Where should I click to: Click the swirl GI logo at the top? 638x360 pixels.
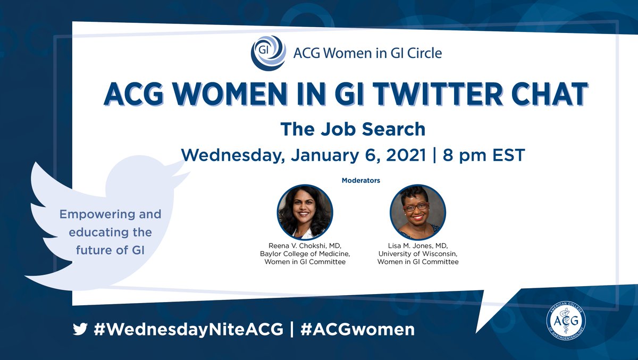tap(268, 53)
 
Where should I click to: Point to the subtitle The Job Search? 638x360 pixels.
tap(352, 129)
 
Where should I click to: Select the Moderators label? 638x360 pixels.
tap(360, 180)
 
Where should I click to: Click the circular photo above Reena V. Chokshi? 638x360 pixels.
tap(305, 212)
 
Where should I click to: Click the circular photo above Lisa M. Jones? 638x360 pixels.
tap(417, 212)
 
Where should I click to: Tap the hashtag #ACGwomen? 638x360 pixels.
tap(357, 329)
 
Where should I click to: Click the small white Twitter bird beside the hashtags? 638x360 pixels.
tap(80, 330)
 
